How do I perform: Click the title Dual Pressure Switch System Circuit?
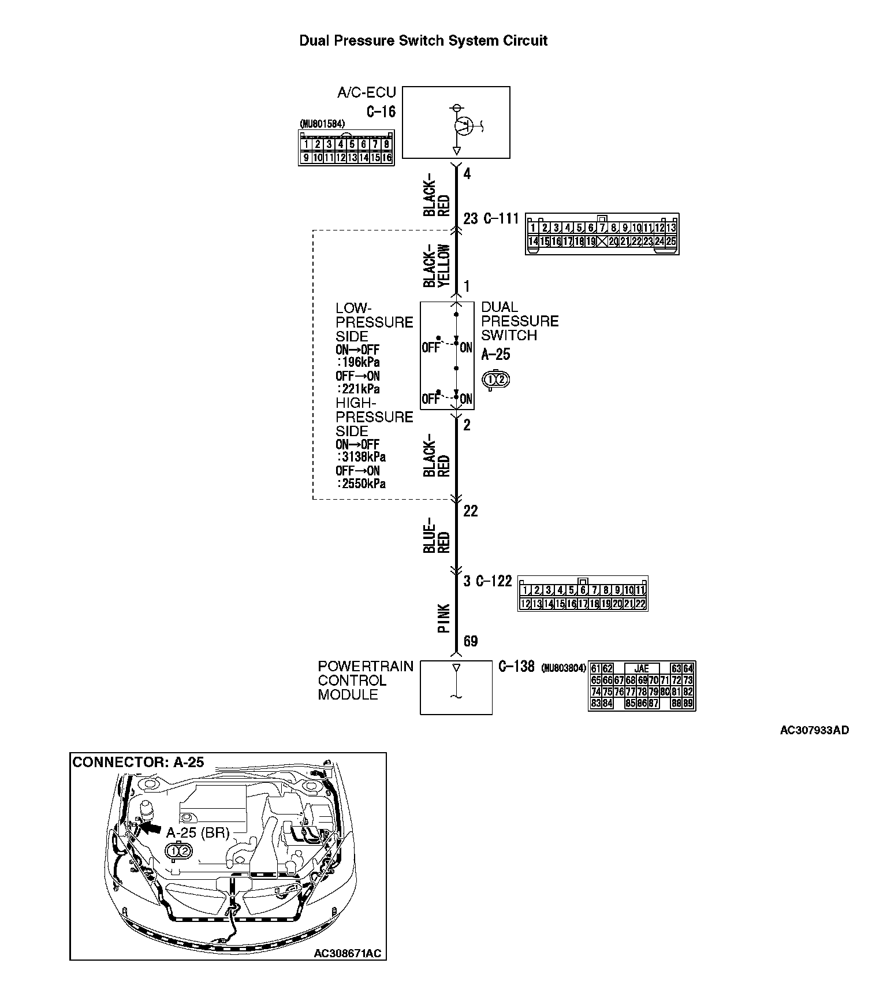click(423, 41)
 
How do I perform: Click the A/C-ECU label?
click(366, 92)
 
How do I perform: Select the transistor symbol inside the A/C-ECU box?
click(462, 125)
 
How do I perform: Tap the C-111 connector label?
click(501, 219)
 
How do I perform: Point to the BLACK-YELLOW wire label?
click(437, 266)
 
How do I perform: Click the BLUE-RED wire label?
click(437, 534)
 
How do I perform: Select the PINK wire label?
click(443, 618)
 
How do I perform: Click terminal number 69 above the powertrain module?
click(471, 641)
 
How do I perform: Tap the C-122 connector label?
click(494, 581)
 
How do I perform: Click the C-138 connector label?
click(516, 667)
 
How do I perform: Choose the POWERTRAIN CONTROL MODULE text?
click(366, 681)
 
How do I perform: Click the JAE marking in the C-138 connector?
click(642, 669)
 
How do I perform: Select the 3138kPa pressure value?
click(363, 457)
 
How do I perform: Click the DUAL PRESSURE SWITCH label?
click(520, 321)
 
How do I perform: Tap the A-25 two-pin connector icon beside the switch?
click(495, 380)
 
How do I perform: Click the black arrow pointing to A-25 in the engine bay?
click(151, 828)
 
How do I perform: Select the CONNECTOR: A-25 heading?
click(139, 762)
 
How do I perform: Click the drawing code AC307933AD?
click(814, 730)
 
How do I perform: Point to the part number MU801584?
click(322, 124)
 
